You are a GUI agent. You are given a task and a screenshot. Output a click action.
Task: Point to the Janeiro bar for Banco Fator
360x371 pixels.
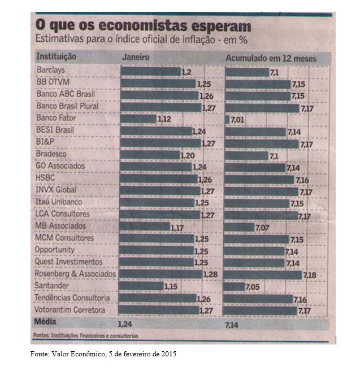pos(138,119)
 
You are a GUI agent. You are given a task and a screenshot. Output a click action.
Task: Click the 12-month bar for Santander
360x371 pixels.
pos(235,286)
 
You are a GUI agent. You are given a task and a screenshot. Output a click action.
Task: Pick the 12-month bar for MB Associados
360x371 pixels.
pos(240,226)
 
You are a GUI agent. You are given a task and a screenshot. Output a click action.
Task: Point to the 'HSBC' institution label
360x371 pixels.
pos(45,178)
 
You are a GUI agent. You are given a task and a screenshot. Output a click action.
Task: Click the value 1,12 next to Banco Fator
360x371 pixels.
pos(164,119)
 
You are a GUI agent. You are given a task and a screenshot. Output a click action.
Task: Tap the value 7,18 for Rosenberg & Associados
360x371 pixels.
pos(310,274)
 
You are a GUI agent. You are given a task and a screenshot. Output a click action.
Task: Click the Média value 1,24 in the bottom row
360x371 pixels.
pos(124,325)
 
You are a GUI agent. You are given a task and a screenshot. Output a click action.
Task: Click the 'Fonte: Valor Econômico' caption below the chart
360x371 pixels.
pos(103,354)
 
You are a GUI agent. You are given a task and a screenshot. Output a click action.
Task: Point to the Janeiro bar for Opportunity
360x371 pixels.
pos(158,250)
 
